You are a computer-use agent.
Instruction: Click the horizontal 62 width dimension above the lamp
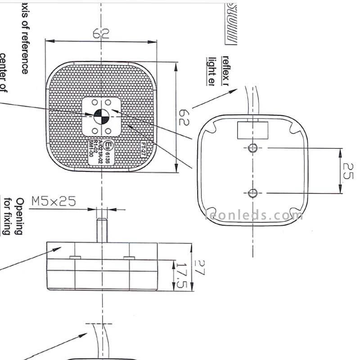click(101, 33)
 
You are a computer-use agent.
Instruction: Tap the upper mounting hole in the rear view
click(253, 147)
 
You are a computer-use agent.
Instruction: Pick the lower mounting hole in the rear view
click(253, 193)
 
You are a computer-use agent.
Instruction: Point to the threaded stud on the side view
click(101, 230)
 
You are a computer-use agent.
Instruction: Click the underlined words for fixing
click(7, 216)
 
